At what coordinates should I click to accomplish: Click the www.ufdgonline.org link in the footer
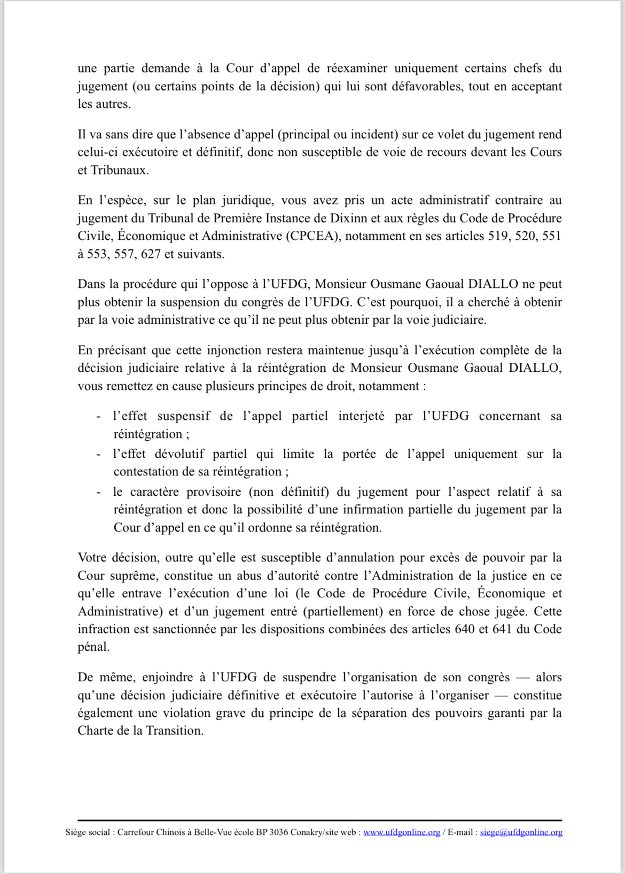[402, 832]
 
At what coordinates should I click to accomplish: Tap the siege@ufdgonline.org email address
[521, 832]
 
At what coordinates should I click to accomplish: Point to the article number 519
[498, 236]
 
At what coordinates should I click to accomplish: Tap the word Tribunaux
[120, 170]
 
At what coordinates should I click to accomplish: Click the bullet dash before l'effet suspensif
[99, 417]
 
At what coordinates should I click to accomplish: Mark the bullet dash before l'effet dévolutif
[99, 454]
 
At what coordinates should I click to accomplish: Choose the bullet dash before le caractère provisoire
[99, 492]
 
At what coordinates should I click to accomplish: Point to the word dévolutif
[179, 454]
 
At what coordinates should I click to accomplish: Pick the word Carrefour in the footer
[135, 832]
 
